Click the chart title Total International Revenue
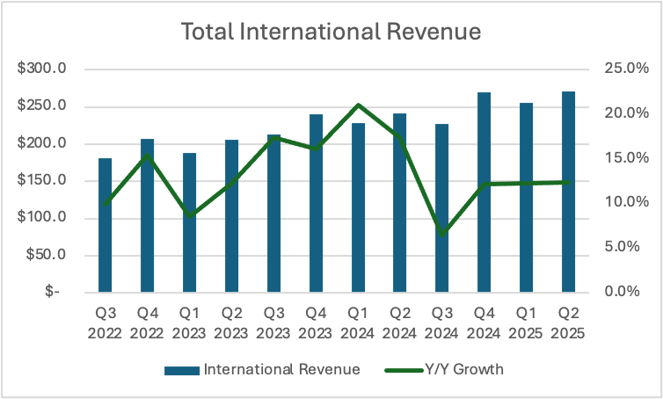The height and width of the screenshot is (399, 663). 331,33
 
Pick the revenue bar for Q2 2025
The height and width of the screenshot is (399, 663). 568,192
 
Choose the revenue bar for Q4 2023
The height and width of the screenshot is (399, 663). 316,203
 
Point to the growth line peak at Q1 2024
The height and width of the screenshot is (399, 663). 358,105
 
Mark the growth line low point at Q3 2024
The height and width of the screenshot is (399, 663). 442,234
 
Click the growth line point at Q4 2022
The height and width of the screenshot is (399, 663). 148,156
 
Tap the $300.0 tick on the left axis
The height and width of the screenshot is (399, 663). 43,69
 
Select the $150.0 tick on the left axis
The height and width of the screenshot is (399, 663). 43,181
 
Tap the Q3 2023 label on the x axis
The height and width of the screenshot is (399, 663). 273,322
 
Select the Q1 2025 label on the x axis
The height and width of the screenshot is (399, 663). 526,322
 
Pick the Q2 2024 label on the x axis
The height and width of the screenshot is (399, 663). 400,322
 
